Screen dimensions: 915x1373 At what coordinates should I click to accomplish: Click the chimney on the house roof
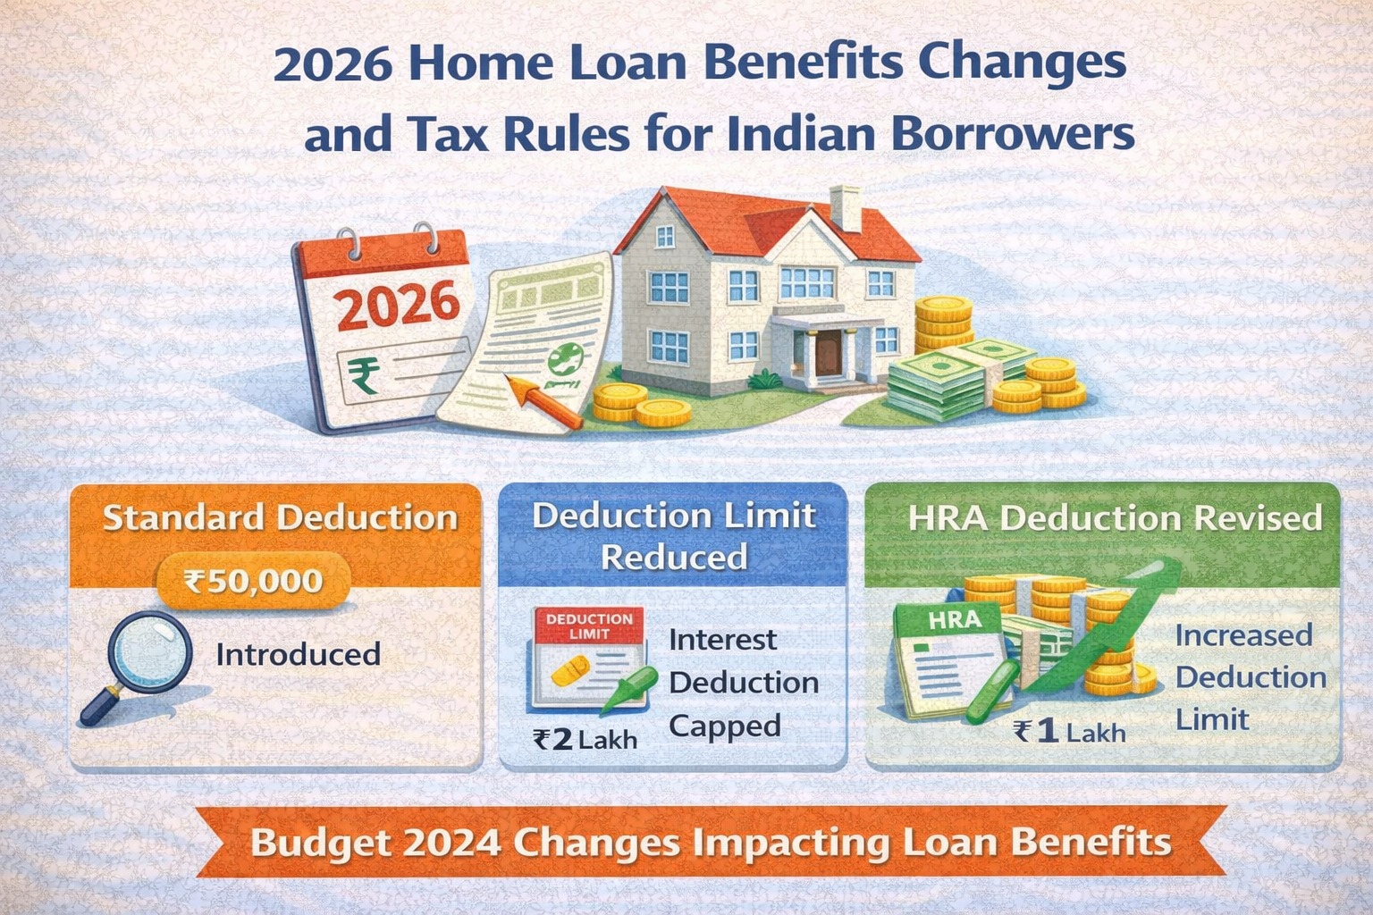tap(846, 207)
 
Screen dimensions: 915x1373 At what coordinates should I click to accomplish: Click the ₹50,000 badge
tap(253, 581)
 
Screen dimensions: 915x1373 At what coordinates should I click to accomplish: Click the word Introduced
tap(298, 654)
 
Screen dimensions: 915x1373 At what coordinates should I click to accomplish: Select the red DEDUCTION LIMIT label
tap(589, 625)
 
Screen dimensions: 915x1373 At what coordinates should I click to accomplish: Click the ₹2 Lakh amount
tap(585, 739)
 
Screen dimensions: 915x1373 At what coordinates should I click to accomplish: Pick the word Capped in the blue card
tap(724, 726)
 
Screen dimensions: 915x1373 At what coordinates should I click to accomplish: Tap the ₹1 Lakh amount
tap(1070, 733)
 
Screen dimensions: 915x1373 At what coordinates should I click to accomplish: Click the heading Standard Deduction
tap(280, 517)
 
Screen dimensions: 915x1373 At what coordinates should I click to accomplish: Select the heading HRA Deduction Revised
tap(1115, 518)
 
